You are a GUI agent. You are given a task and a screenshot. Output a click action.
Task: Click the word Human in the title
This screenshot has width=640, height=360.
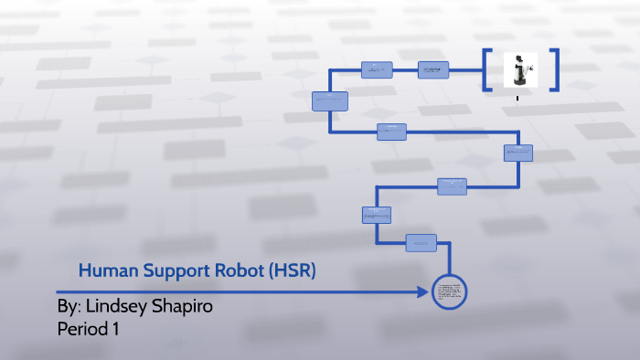coord(101,270)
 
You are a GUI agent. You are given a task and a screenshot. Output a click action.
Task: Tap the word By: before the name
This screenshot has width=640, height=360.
coord(69,306)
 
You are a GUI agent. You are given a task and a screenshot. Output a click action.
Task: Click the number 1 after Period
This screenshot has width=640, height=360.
coord(116,328)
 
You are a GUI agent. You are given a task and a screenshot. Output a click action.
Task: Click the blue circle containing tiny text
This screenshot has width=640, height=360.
coord(450,292)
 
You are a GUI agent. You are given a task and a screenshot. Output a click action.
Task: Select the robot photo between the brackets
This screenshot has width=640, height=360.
coord(520,70)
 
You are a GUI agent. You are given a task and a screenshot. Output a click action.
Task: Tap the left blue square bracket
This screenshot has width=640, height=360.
coord(488,69)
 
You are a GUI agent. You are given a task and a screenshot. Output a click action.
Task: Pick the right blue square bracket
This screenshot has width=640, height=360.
coord(551,69)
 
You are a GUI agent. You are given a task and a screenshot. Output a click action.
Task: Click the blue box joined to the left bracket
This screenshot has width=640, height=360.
coord(433,69)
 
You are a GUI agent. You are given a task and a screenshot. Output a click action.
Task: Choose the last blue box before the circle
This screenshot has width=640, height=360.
coord(420,242)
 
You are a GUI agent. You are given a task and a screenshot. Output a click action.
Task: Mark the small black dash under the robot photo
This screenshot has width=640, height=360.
coord(518,97)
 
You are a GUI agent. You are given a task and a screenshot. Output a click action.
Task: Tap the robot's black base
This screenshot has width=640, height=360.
coord(520,83)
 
